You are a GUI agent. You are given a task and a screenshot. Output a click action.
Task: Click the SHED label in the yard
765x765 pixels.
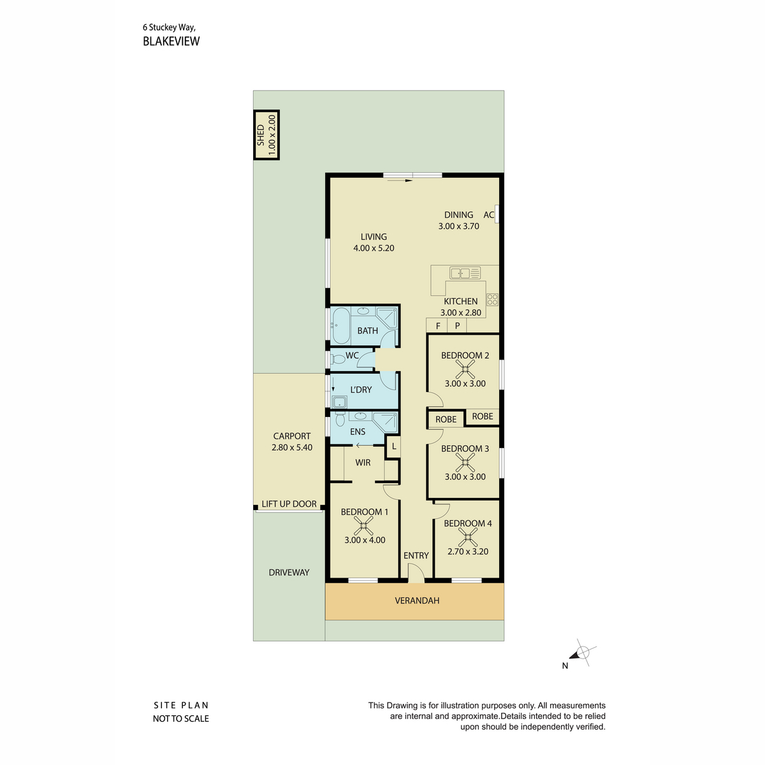[261, 135]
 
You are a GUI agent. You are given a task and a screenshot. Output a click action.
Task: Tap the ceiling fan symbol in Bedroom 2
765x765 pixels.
[465, 370]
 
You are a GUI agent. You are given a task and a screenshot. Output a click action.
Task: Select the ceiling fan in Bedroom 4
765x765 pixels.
[468, 537]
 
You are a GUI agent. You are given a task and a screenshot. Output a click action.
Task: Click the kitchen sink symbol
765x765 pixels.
[465, 273]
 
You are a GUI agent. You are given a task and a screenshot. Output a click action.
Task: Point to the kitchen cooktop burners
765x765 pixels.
[492, 300]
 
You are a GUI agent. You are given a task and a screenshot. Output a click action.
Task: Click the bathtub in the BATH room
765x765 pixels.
[340, 326]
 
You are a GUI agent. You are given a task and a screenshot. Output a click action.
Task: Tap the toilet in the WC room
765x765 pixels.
[338, 360]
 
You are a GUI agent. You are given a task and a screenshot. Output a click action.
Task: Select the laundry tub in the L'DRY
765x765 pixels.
[340, 402]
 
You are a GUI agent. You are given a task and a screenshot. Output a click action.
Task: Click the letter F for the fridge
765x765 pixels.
[438, 326]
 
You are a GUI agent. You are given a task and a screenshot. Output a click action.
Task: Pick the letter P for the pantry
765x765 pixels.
[457, 326]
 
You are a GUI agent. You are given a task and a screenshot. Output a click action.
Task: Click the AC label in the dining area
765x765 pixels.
[488, 215]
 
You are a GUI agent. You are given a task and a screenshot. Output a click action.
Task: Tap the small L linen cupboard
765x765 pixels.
[394, 446]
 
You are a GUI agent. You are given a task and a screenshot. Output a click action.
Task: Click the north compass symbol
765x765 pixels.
[582, 652]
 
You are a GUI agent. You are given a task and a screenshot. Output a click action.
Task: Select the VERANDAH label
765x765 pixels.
[417, 601]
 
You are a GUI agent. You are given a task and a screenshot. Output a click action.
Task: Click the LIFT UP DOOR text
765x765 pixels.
[289, 504]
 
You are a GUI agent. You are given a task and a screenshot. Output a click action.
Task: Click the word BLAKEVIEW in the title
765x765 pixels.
[171, 41]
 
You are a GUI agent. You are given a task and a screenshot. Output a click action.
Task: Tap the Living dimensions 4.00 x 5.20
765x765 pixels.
[374, 248]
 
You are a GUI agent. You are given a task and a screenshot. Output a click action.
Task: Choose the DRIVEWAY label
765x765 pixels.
[289, 572]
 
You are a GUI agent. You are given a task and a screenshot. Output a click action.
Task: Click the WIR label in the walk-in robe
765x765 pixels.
[363, 462]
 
